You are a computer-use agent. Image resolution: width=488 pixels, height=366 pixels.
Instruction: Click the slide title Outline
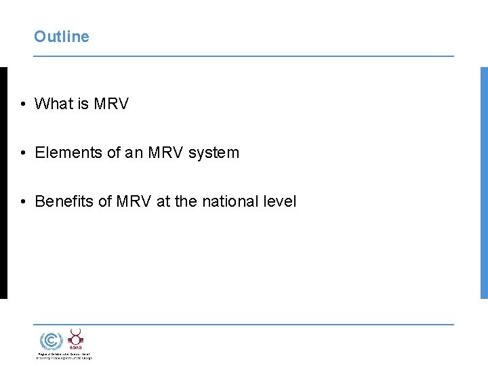pyautogui.click(x=62, y=37)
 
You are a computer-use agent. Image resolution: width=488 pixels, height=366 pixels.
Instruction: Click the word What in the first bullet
pyautogui.click(x=53, y=104)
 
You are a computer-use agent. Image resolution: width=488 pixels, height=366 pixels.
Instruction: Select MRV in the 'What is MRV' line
pyautogui.click(x=111, y=104)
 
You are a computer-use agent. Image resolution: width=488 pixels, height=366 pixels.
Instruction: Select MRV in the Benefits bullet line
pyautogui.click(x=134, y=201)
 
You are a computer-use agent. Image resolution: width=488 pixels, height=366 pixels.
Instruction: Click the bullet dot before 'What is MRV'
pyautogui.click(x=23, y=104)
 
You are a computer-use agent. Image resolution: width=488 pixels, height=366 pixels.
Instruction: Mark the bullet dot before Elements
pyautogui.click(x=23, y=153)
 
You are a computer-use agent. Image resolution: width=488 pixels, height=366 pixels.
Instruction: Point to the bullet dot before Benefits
pyautogui.click(x=23, y=202)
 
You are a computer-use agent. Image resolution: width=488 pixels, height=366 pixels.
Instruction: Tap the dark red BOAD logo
pyautogui.click(x=75, y=338)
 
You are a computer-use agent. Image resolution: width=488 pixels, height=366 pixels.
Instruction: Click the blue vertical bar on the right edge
pyautogui.click(x=484, y=182)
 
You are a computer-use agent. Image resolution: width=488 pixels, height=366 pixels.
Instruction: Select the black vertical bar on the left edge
pyautogui.click(x=3, y=182)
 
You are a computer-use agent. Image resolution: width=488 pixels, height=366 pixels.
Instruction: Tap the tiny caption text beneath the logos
pyautogui.click(x=64, y=356)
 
